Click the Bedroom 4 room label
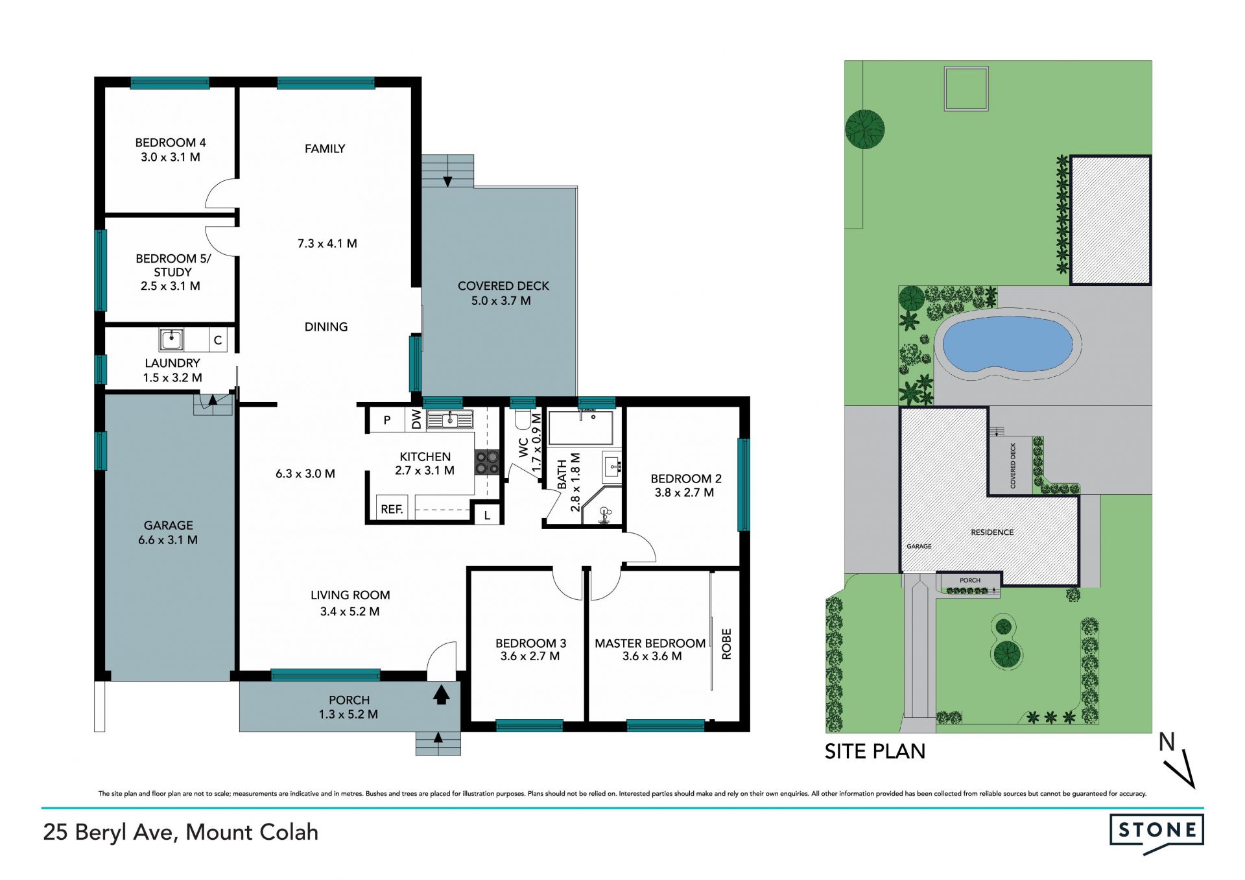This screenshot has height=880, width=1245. (x=171, y=149)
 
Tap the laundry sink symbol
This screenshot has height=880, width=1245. (x=172, y=339)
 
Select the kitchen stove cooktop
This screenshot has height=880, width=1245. (x=488, y=462)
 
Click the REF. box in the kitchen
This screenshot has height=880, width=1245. (x=392, y=508)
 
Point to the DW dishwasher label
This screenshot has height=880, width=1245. (x=416, y=420)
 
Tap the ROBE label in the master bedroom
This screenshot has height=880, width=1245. (x=726, y=644)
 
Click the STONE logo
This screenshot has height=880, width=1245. (x=1157, y=833)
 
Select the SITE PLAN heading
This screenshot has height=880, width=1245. (x=875, y=751)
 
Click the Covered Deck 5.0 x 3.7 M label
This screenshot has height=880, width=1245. (x=503, y=293)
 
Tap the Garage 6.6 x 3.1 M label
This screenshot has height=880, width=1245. (x=168, y=532)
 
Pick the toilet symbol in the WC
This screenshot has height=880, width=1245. (x=523, y=420)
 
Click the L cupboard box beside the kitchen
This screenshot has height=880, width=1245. (x=487, y=514)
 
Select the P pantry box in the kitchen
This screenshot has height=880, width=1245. (x=386, y=420)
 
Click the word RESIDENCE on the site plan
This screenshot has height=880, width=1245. (x=992, y=532)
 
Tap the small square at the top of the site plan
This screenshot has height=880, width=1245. (x=966, y=88)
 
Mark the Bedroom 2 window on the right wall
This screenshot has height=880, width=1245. (x=743, y=484)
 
